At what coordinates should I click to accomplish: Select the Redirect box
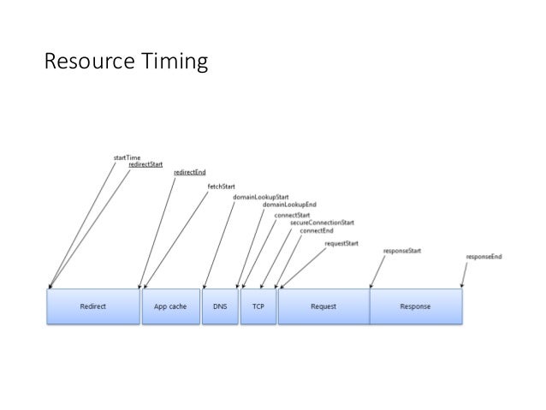coord(93,306)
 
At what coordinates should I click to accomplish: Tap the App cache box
coord(169,306)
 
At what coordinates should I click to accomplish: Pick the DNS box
coord(219,306)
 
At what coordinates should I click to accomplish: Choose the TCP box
coord(258,306)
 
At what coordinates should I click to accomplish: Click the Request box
coord(323,306)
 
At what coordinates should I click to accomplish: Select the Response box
coord(415,306)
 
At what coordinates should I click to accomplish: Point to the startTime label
coord(128,157)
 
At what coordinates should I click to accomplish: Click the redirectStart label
coord(146,164)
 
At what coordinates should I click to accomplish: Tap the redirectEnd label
coord(188,172)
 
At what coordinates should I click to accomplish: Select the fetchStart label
coord(222,186)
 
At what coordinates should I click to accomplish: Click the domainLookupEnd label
coord(289,205)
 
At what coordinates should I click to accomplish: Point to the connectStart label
coord(292,215)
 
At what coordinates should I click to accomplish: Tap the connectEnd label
coord(316,230)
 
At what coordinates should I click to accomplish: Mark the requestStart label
coord(341,244)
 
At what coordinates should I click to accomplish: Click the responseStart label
coord(401,251)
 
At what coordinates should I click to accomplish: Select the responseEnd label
coord(484,257)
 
